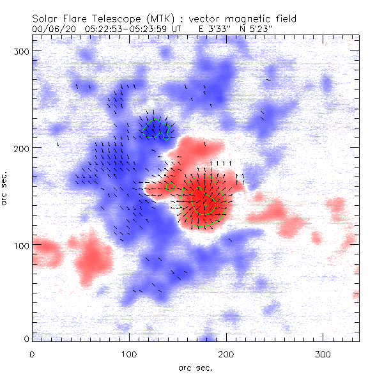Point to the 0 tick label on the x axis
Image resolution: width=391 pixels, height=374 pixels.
[x=32, y=353]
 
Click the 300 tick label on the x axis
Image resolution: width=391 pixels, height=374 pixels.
[x=323, y=353]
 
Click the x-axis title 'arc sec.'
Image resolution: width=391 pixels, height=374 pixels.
[x=195, y=367]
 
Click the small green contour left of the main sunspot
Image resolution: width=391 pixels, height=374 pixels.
[x=170, y=187]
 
